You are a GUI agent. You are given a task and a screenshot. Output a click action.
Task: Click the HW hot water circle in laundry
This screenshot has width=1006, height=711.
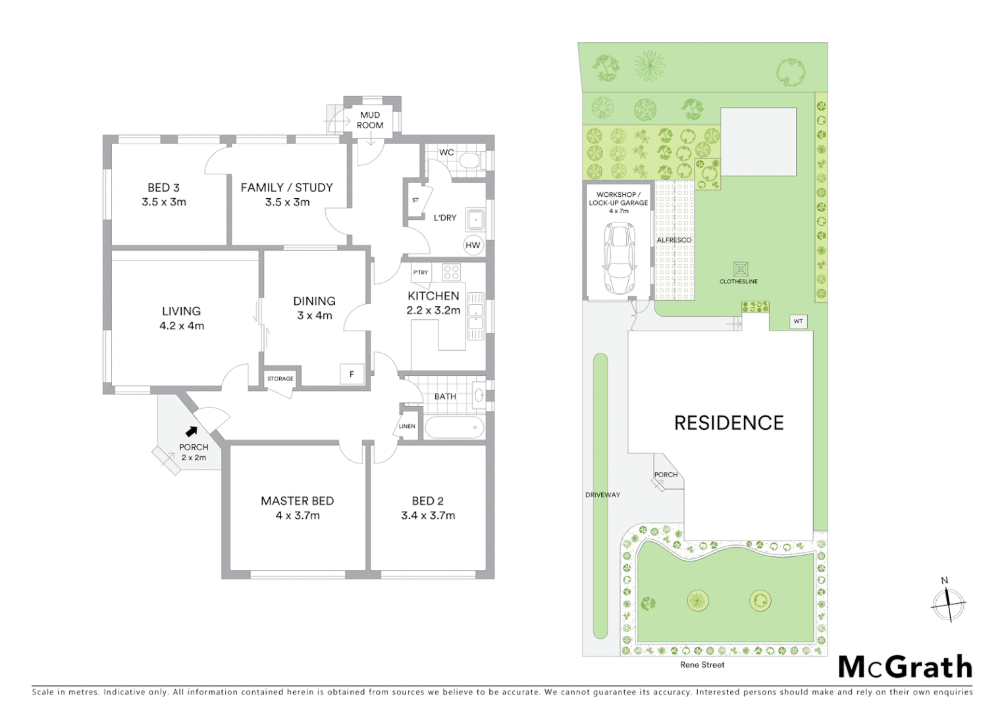473,246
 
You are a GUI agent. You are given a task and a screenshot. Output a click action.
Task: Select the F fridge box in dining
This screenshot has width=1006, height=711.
352,374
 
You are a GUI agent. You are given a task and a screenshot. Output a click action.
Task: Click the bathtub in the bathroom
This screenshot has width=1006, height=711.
455,427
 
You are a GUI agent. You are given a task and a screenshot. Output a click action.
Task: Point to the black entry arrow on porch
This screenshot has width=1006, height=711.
192,432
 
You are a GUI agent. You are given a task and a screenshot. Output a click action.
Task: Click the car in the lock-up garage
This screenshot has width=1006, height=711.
620,258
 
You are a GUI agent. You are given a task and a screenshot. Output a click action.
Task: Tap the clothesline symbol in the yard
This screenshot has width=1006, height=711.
740,269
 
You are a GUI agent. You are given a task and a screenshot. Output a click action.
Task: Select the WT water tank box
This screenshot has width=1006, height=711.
798,321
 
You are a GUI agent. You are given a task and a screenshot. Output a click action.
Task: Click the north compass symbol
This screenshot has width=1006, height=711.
948,603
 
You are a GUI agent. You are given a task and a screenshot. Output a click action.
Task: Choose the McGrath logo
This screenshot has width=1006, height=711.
905,667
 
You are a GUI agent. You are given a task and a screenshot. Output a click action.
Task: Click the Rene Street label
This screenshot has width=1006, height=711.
702,665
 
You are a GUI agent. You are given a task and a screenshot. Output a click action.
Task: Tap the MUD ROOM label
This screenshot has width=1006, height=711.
370,120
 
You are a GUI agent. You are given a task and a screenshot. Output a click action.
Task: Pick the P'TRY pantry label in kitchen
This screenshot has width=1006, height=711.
421,272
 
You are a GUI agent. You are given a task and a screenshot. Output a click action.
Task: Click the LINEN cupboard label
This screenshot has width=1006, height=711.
407,426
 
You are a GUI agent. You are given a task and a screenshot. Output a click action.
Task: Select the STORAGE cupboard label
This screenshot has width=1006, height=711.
280,379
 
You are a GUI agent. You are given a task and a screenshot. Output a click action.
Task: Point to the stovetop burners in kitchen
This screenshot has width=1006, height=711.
451,271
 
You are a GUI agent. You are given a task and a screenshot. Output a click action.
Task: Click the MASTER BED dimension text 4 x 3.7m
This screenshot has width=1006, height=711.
298,515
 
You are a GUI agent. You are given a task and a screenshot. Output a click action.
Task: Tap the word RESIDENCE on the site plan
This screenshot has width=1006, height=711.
729,423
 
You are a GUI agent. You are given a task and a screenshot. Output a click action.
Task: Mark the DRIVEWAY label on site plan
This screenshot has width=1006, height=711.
602,494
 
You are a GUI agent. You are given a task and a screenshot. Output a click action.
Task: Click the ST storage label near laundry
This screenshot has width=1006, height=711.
415,200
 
